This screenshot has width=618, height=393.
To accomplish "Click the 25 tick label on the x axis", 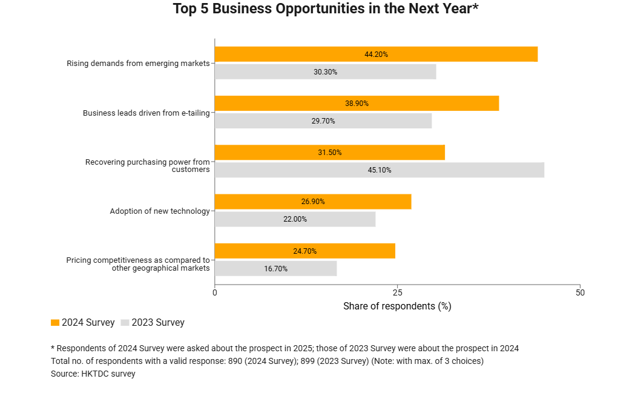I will point(397,292).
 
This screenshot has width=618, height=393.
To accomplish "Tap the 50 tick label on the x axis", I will point(580,292).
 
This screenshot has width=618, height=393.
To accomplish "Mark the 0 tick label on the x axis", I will point(215,292).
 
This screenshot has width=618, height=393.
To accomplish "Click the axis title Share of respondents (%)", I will point(397,306).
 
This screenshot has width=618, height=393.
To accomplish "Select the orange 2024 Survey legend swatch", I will point(55,323).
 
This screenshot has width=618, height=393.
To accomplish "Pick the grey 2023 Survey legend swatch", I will point(125,323).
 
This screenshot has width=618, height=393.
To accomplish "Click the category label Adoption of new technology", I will point(160,211).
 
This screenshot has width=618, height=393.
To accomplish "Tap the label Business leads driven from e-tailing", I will point(146,113).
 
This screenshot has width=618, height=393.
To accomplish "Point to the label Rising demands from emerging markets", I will point(138,63).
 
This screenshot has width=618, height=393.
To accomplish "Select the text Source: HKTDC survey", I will point(93,374).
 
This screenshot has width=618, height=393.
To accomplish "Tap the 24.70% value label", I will point(305,251).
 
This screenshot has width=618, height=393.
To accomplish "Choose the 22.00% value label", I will point(295,219).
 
